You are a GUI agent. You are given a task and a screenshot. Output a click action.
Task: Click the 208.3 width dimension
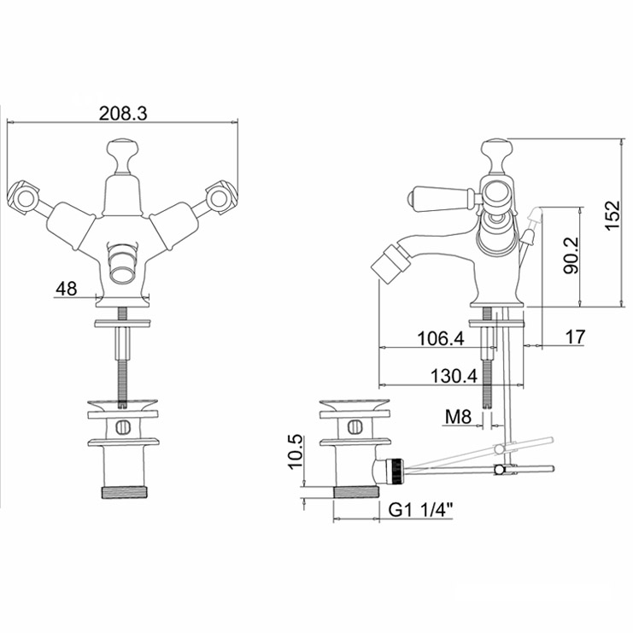(123, 114)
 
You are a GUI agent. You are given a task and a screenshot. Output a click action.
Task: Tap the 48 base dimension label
(67, 289)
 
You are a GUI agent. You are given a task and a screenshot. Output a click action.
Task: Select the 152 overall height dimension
(612, 214)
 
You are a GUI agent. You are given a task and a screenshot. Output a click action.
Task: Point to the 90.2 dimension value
(571, 255)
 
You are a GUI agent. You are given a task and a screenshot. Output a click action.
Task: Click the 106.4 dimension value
(441, 338)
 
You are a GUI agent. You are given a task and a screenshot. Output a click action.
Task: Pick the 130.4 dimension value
(454, 376)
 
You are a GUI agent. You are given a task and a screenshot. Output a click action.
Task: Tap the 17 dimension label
(575, 337)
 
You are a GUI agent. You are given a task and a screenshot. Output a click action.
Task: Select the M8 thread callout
(458, 417)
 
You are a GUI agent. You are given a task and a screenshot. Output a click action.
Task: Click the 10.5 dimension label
(295, 451)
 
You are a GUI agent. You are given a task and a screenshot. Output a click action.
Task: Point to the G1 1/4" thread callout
(420, 510)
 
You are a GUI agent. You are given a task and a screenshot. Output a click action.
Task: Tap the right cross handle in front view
(220, 197)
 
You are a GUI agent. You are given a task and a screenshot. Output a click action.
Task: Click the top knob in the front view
(123, 156)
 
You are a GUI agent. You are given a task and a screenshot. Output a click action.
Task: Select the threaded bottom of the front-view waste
(124, 492)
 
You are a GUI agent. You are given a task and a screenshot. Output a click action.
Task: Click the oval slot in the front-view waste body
(123, 427)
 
